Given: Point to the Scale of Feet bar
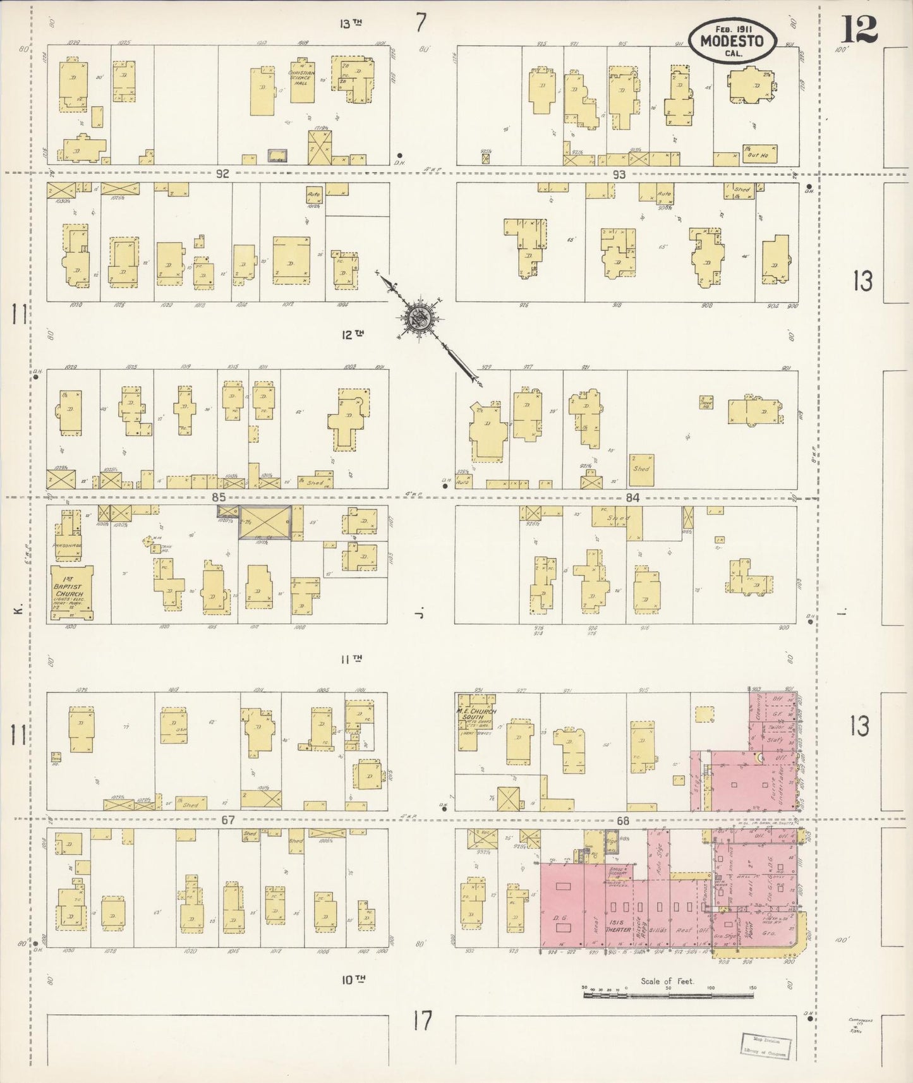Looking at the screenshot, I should tap(668, 996).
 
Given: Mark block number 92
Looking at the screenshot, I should tap(222, 174).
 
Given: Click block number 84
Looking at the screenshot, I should tap(632, 498).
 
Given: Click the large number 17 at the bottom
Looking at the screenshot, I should tap(422, 1021).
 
